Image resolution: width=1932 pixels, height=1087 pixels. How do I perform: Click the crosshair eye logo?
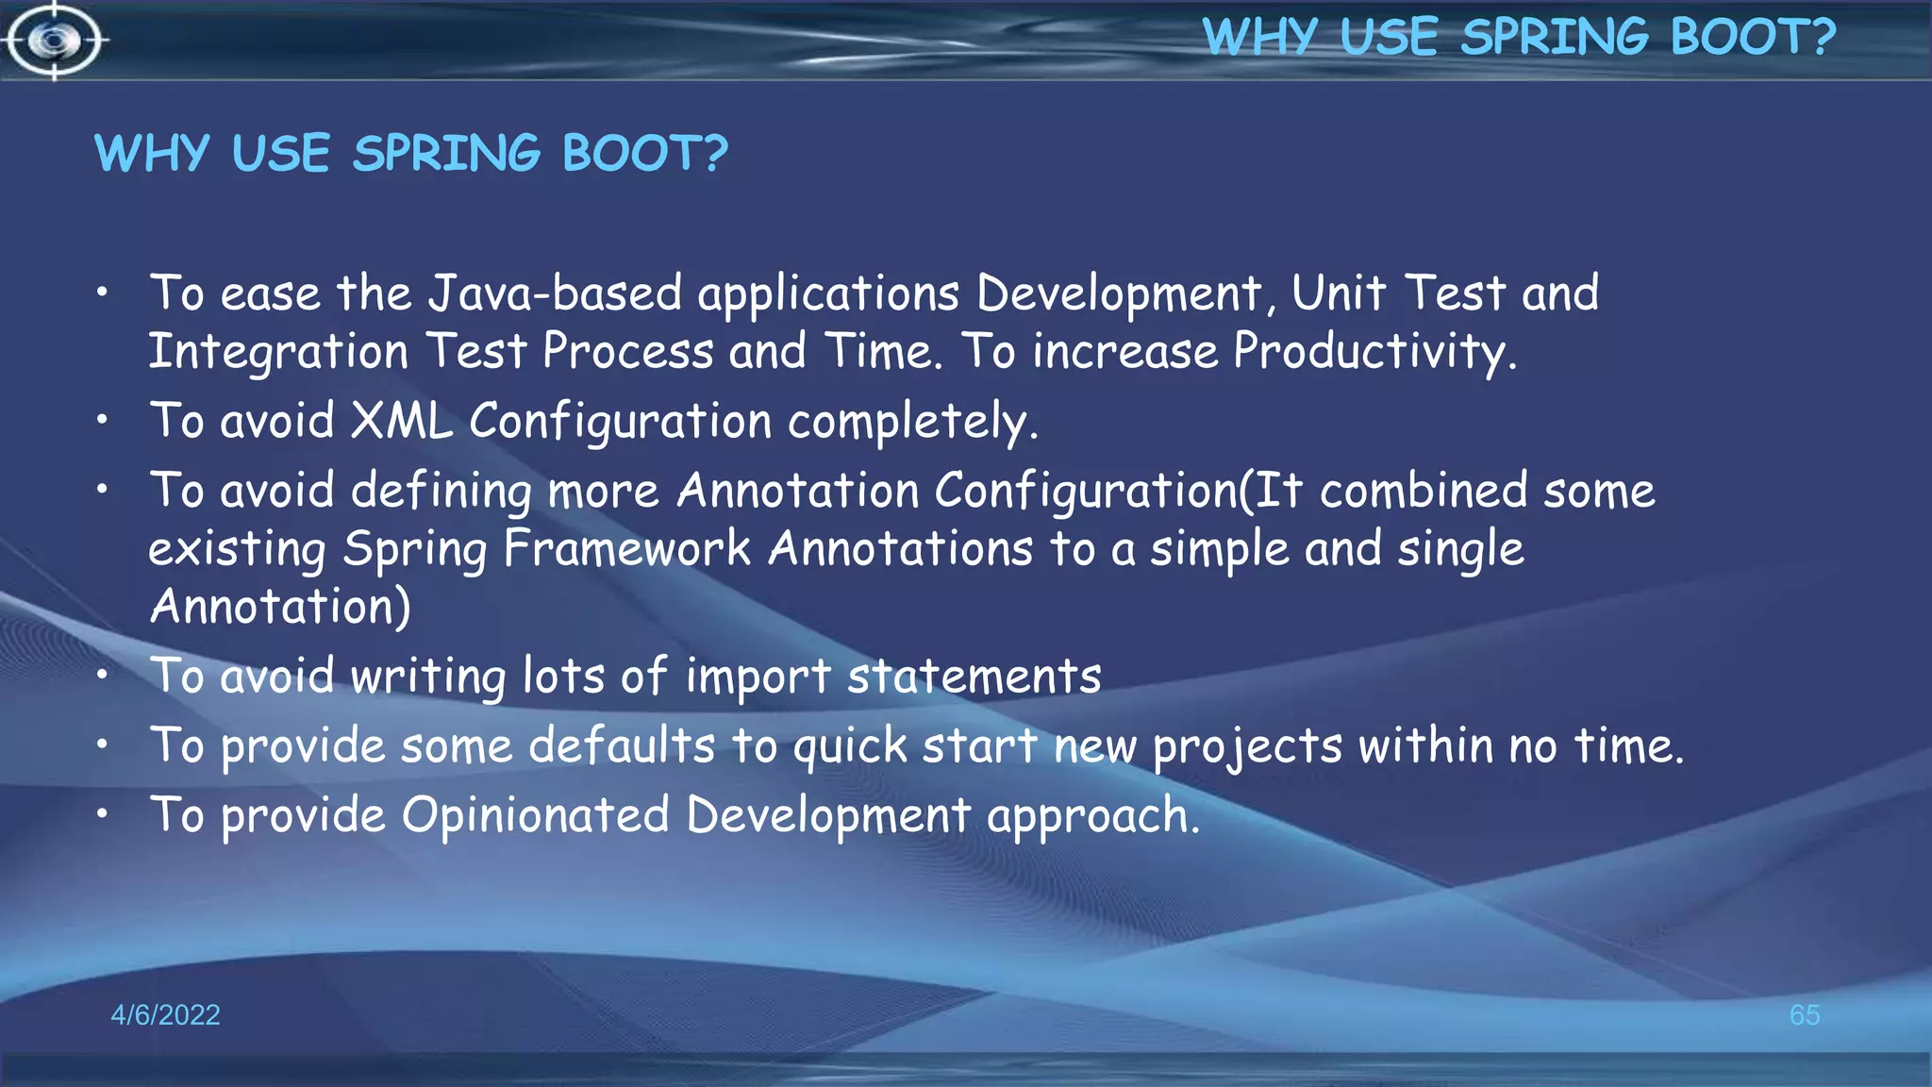(54, 41)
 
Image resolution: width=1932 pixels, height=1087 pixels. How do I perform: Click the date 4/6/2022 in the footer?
(165, 1015)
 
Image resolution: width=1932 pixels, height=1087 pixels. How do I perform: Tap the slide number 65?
(1804, 1015)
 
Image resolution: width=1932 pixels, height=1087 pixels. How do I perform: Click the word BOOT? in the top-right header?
(1753, 38)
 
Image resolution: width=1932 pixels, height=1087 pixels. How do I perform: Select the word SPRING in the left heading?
(446, 153)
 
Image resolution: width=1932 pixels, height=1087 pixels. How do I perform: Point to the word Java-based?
(555, 293)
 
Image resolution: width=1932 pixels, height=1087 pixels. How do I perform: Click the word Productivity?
(1374, 352)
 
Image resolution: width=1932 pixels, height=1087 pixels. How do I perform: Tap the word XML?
(401, 421)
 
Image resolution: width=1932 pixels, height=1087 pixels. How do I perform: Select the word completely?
(912, 422)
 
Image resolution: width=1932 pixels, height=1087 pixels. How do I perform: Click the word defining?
(441, 492)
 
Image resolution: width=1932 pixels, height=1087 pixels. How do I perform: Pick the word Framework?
(626, 549)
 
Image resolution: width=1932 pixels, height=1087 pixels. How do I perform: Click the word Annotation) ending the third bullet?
(280, 607)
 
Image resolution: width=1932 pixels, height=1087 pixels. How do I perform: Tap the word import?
(758, 677)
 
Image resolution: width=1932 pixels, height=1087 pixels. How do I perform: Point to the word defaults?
(622, 745)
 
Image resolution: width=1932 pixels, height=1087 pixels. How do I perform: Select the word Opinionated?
(535, 815)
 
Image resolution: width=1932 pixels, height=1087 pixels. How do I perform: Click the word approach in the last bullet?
(1092, 815)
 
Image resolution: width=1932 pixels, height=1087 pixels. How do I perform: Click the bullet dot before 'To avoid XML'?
(102, 420)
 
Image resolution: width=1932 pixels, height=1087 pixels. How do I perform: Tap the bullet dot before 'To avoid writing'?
(102, 675)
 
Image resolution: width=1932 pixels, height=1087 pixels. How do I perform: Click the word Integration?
(278, 352)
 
